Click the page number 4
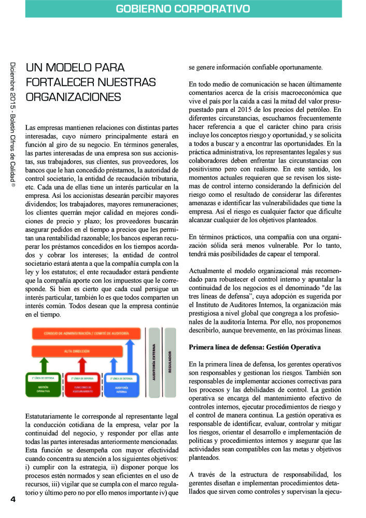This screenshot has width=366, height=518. (x=13, y=499)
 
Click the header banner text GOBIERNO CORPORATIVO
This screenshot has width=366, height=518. (x=182, y=9)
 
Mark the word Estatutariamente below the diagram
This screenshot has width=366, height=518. (x=54, y=416)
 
